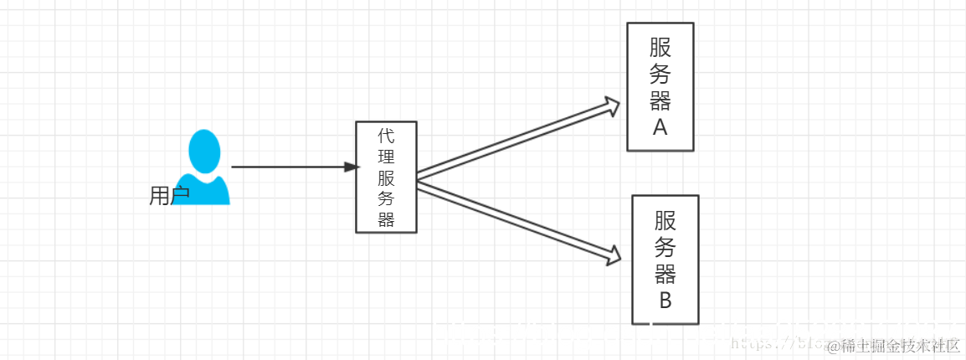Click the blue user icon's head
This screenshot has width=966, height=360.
[204, 152]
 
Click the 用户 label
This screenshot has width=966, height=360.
[169, 196]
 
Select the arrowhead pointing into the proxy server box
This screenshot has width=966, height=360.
[352, 167]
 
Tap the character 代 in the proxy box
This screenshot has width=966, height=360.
[386, 136]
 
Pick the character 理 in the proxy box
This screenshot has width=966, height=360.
[386, 157]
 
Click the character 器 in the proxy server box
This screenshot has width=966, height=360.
[386, 219]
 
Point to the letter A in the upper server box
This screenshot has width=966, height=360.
[660, 127]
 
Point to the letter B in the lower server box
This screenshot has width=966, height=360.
[665, 301]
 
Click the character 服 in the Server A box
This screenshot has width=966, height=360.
[660, 48]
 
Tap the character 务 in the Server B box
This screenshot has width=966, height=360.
[665, 247]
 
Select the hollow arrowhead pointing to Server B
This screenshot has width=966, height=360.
[613, 254]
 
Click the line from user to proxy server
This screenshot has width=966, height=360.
[285, 167]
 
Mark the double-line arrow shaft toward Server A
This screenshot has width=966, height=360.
[511, 141]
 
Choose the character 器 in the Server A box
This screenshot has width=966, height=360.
[660, 101]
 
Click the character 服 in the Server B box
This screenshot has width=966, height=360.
[665, 220]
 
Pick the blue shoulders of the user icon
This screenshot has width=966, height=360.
[206, 191]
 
